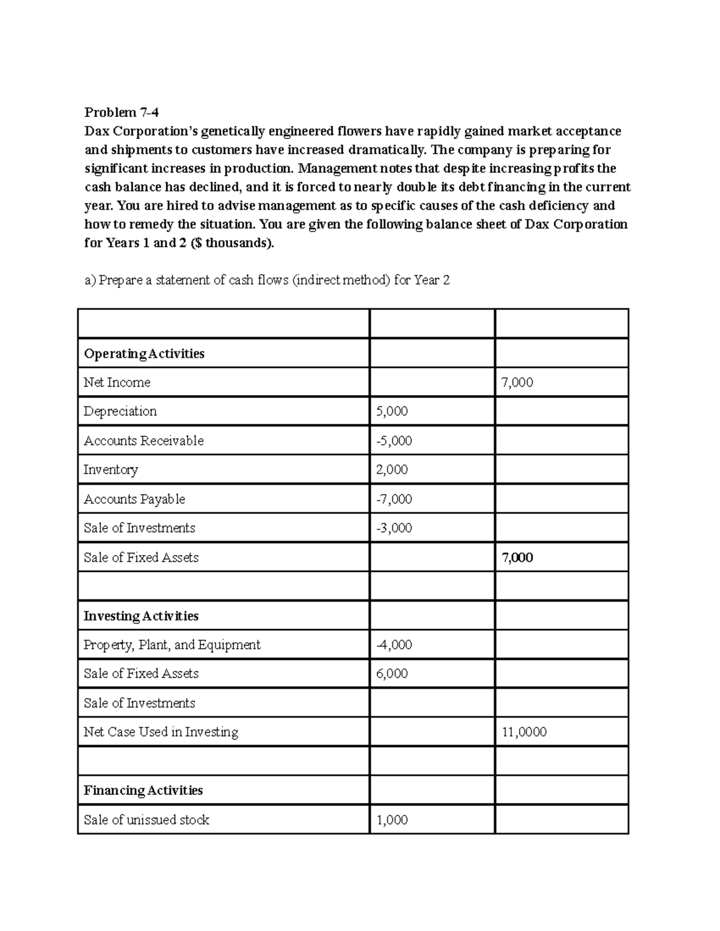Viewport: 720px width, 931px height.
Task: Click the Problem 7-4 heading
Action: [x=122, y=112]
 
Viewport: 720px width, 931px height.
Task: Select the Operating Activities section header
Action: [x=144, y=354]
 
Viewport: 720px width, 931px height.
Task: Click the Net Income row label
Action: [x=117, y=382]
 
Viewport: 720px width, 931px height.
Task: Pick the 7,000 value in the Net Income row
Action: [x=517, y=382]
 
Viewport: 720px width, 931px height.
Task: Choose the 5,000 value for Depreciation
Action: [x=392, y=411]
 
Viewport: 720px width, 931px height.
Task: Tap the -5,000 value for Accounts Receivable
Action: [x=394, y=441]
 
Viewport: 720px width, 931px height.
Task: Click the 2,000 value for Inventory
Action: [x=392, y=469]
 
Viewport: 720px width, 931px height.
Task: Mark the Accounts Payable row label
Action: [x=134, y=499]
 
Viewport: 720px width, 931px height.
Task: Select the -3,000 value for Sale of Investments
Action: [x=394, y=528]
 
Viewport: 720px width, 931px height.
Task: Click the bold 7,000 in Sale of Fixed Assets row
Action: [x=517, y=558]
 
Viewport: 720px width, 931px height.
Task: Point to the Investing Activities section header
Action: [x=141, y=616]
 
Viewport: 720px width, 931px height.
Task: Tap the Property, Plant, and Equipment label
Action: [x=172, y=645]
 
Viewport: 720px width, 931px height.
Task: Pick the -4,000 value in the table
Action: [x=394, y=645]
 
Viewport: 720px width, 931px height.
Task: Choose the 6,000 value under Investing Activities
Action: [x=392, y=674]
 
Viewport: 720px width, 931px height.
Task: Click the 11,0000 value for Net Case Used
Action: [x=524, y=732]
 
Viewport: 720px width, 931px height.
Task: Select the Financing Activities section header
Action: [x=143, y=790]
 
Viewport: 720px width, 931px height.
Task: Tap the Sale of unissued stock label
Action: [x=146, y=819]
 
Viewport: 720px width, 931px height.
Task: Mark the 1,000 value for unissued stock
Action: [x=392, y=819]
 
